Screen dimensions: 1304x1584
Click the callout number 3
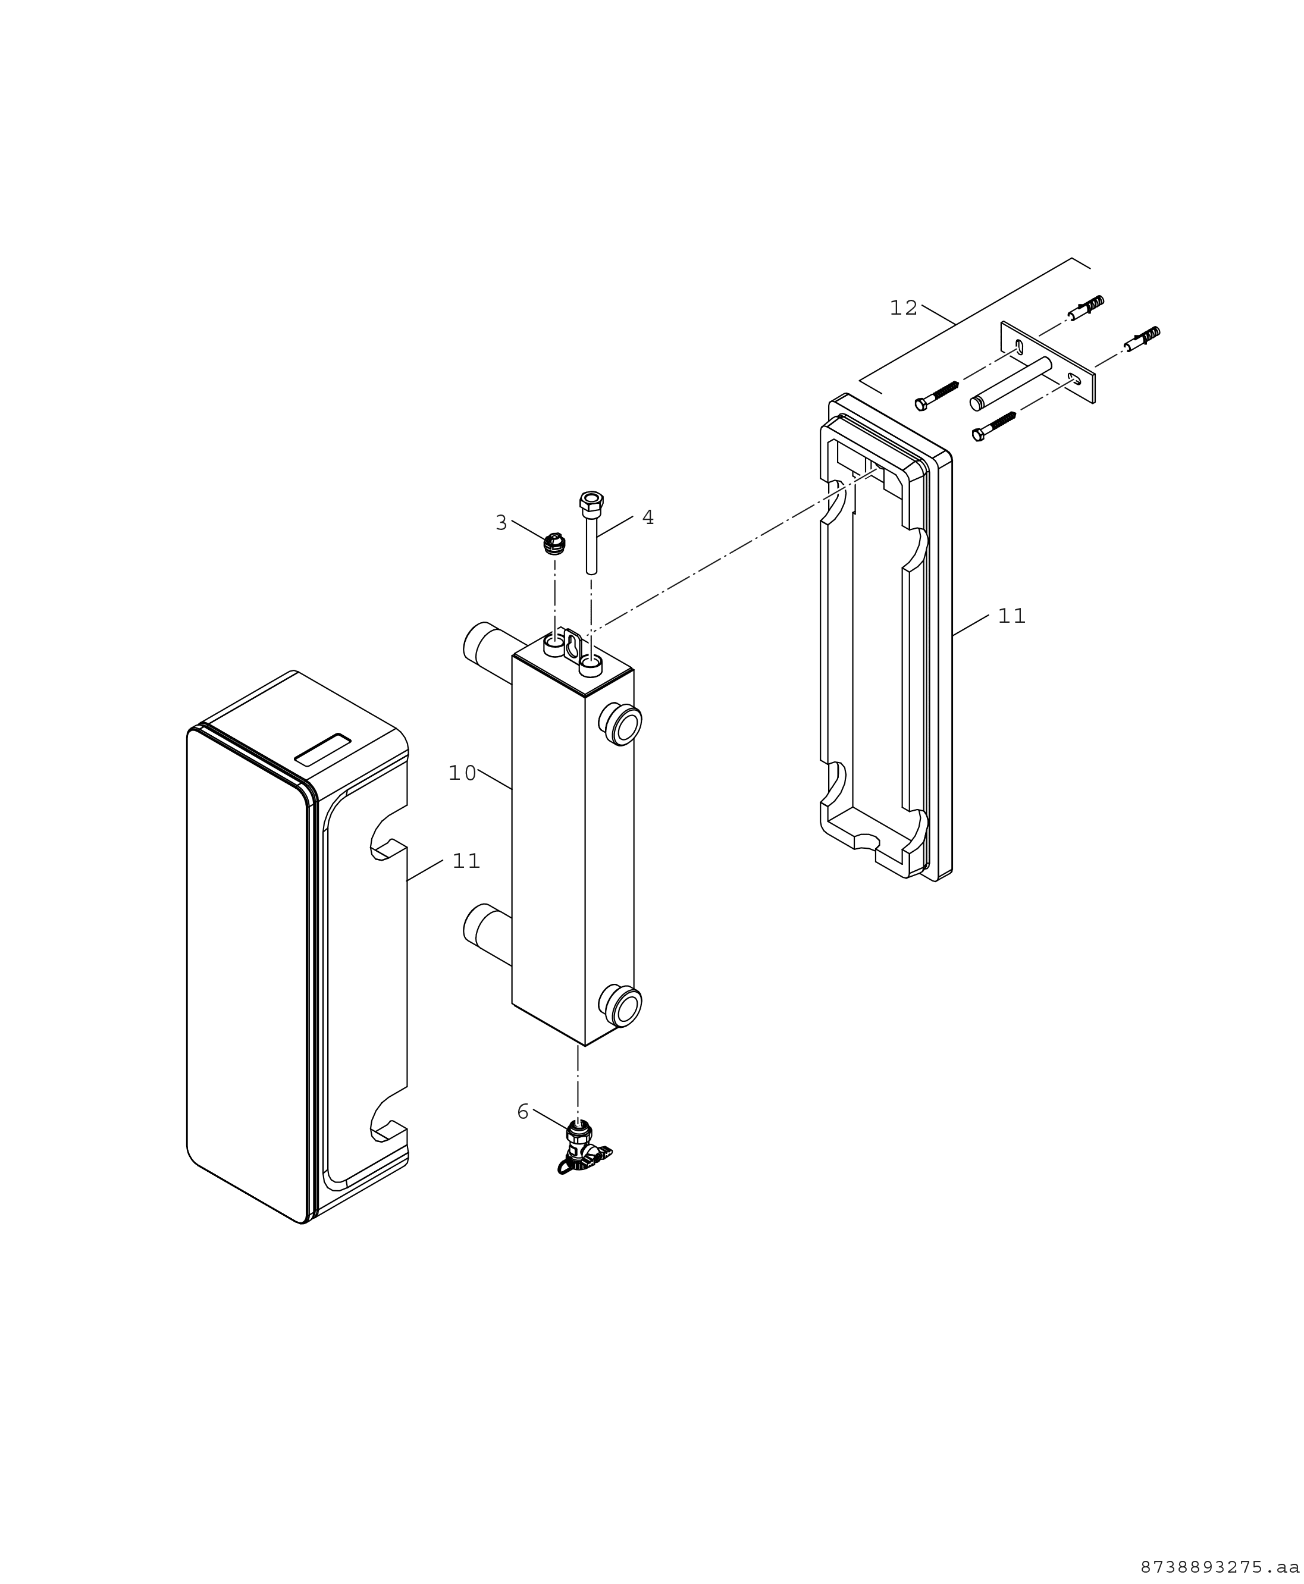(501, 523)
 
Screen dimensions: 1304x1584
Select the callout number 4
(647, 517)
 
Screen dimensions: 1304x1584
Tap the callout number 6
(523, 1112)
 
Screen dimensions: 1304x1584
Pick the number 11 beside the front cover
(466, 861)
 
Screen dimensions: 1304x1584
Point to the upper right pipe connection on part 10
(620, 724)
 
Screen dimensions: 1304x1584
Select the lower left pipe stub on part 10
(487, 934)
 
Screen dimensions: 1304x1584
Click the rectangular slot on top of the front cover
(323, 749)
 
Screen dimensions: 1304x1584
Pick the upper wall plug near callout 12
(1086, 308)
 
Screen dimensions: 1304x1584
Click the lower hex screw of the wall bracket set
(994, 426)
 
